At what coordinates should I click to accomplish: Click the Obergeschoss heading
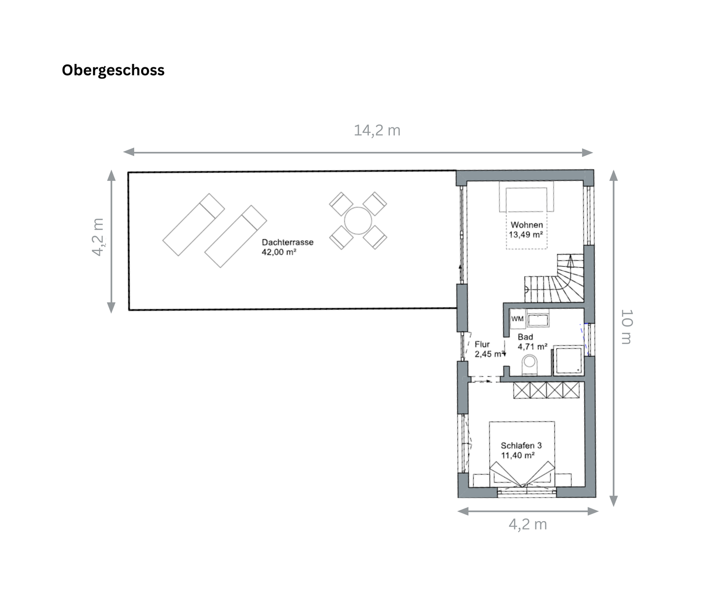(113, 70)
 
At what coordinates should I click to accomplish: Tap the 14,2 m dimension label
(377, 130)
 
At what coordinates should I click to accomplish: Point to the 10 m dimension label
(626, 327)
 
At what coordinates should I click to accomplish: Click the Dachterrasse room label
(287, 242)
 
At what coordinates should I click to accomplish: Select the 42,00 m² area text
(279, 252)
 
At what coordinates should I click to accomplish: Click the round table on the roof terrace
(358, 221)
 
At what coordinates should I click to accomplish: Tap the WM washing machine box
(517, 319)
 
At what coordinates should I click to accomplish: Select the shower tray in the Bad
(568, 361)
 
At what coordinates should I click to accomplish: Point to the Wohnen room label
(527, 225)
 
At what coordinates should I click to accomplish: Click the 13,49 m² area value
(526, 235)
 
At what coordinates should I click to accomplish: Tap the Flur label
(482, 344)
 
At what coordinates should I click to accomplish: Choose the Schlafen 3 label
(521, 445)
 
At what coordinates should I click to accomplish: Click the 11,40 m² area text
(518, 455)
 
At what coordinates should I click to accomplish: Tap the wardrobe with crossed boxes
(546, 390)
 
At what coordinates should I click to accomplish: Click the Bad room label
(525, 337)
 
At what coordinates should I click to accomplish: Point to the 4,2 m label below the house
(528, 524)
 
